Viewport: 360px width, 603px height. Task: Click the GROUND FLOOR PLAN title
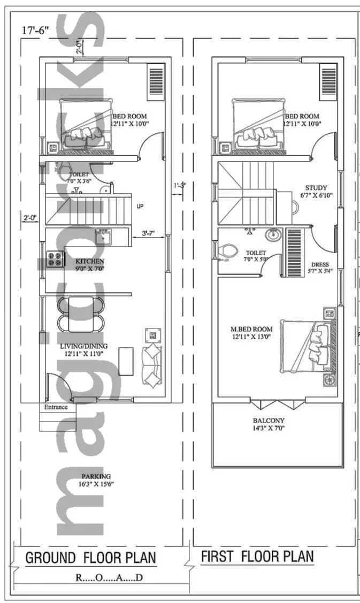point(91,558)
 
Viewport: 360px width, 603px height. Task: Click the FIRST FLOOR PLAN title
point(257,556)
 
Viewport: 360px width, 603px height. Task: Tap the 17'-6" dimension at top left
point(35,30)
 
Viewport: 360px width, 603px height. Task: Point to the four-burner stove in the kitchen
point(55,259)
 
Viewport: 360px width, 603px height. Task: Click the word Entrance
point(56,407)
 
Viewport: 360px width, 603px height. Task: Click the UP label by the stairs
point(140,205)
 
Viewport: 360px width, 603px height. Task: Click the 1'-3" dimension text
point(179,186)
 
